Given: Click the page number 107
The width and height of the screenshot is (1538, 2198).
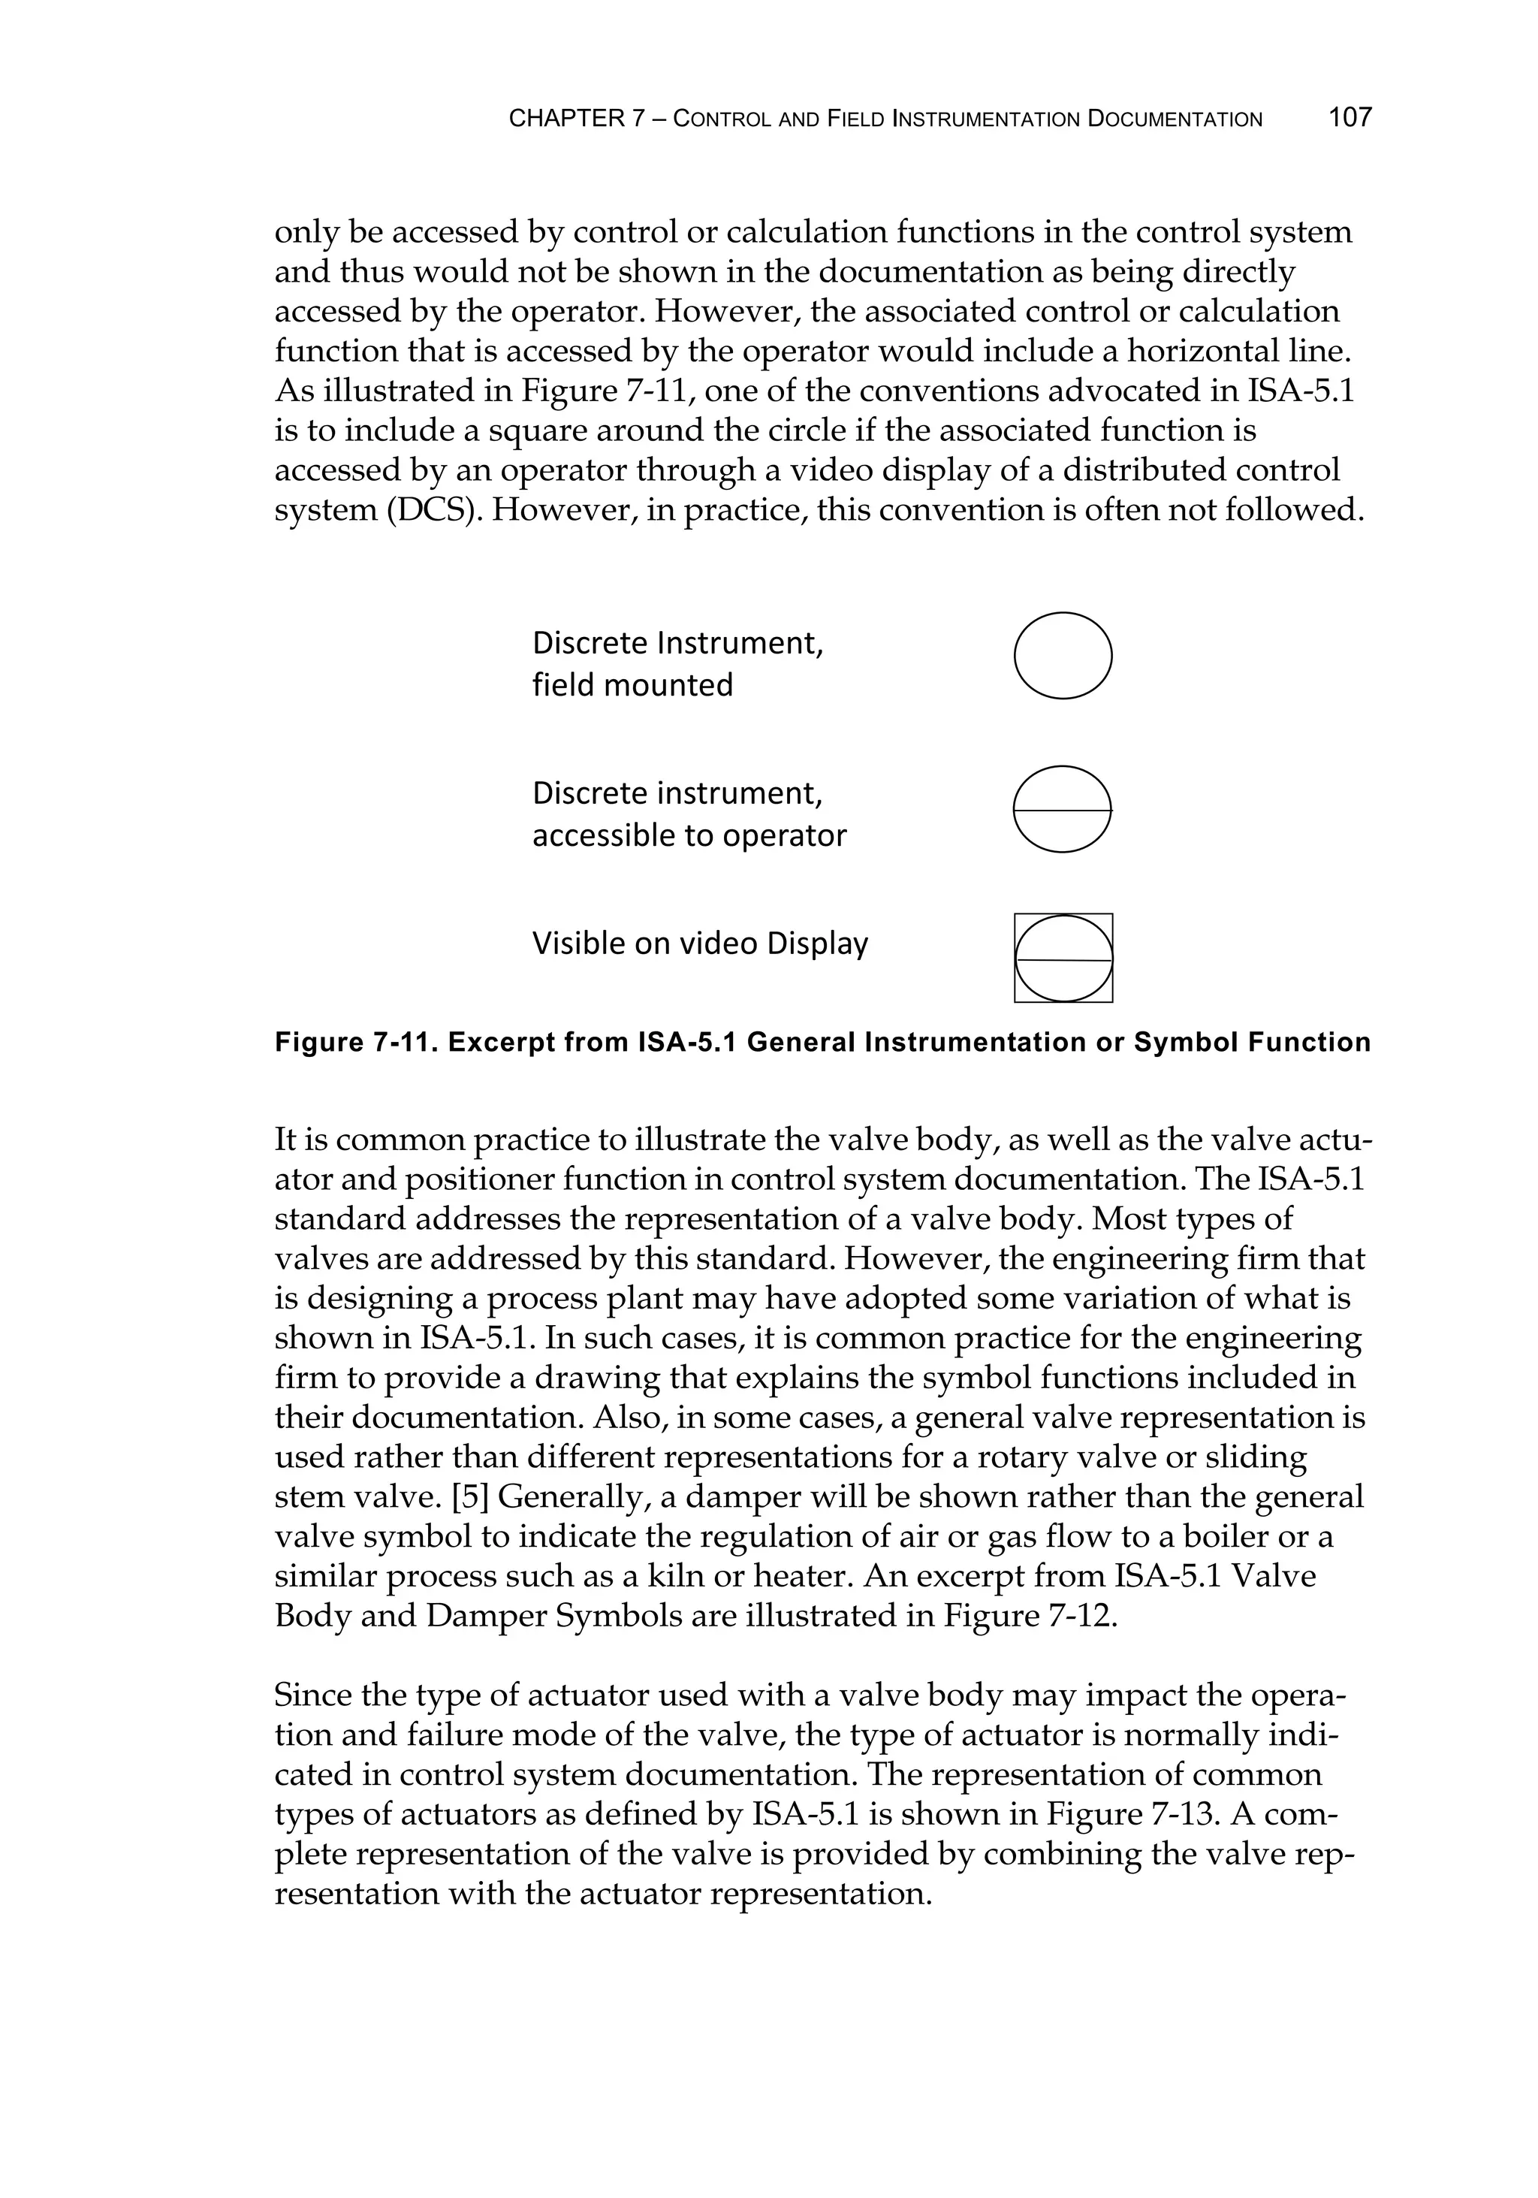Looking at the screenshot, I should click(x=1350, y=118).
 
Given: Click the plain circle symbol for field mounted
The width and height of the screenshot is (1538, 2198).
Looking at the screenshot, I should click(x=1063, y=656).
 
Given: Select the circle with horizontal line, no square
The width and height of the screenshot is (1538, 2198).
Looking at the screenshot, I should click(x=1063, y=809).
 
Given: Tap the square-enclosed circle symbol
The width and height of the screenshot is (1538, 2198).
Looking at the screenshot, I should click(x=1063, y=959).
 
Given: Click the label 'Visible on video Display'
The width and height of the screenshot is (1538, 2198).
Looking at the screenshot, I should click(x=700, y=944).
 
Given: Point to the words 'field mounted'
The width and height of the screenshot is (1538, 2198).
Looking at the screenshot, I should click(x=632, y=685).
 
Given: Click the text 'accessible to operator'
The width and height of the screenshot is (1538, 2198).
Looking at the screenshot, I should click(x=689, y=836).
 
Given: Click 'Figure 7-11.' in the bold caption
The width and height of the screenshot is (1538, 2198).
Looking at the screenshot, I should click(x=356, y=1043).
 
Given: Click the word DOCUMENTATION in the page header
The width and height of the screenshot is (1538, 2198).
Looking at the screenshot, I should click(x=1175, y=119).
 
